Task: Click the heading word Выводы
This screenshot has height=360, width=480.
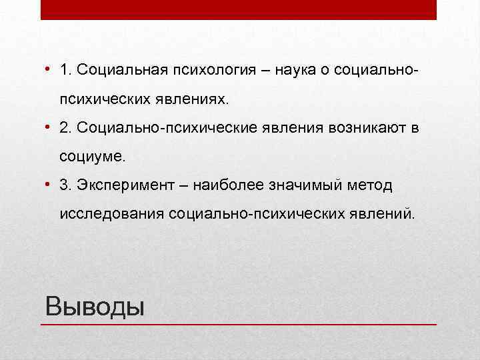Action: click(94, 307)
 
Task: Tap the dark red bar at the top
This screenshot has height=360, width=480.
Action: click(239, 9)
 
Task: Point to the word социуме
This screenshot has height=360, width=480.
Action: click(91, 157)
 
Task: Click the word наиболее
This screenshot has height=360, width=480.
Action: click(227, 185)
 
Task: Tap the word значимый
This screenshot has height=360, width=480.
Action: click(305, 185)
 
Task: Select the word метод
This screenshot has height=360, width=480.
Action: click(372, 185)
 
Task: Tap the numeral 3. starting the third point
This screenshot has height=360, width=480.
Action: click(65, 185)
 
